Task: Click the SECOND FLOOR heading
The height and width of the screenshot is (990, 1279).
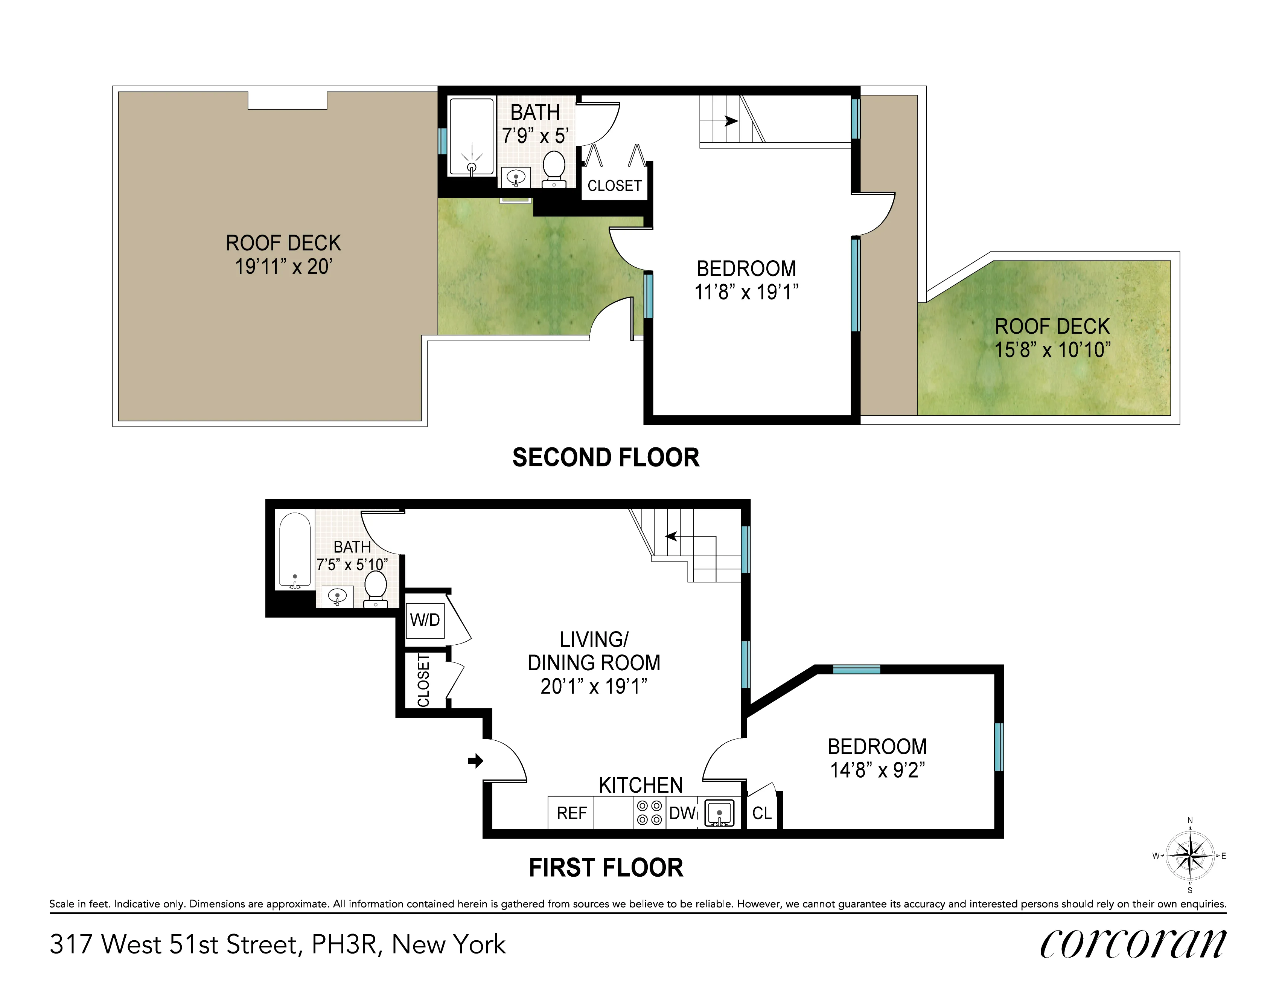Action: pyautogui.click(x=606, y=458)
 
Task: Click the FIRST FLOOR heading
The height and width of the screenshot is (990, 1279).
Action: pyautogui.click(x=606, y=868)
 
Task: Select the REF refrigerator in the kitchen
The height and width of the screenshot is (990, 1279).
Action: pyautogui.click(x=571, y=813)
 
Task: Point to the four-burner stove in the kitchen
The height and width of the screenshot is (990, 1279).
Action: pyautogui.click(x=649, y=813)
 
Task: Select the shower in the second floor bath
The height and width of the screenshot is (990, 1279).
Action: pyautogui.click(x=471, y=136)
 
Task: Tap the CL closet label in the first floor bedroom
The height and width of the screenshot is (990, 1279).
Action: pyautogui.click(x=762, y=813)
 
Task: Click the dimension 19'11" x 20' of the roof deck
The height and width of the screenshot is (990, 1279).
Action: pyautogui.click(x=283, y=267)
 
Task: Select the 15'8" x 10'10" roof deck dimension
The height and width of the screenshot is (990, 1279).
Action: pyautogui.click(x=1052, y=350)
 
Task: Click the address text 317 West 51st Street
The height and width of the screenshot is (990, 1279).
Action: pyautogui.click(x=176, y=944)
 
